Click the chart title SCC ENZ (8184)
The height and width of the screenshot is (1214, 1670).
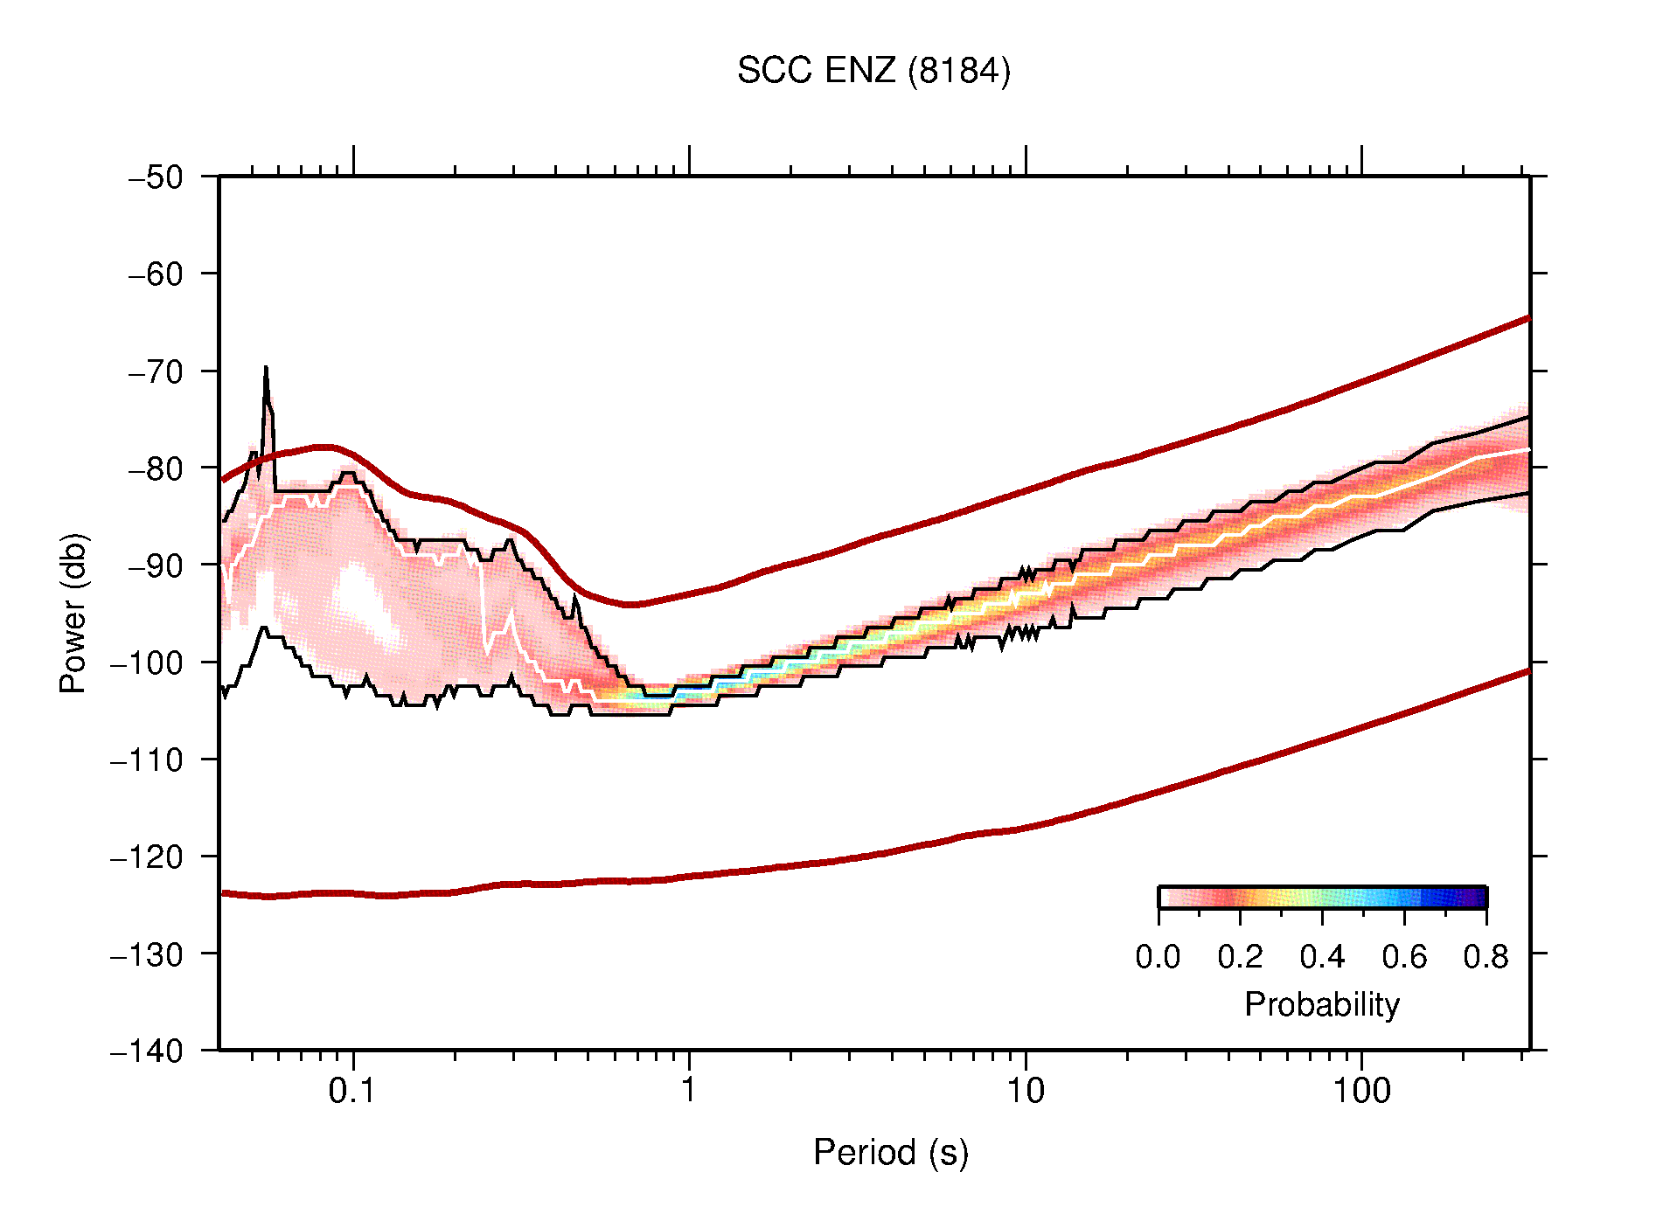(x=873, y=71)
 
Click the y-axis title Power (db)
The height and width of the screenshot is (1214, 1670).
(x=73, y=613)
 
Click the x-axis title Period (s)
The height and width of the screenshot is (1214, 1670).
(x=890, y=1152)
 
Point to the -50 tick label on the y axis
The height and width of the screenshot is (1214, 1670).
(x=156, y=177)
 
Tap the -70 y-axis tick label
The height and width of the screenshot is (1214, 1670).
(x=156, y=371)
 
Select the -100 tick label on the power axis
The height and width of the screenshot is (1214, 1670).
(x=147, y=662)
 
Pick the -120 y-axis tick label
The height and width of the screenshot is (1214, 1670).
(x=147, y=857)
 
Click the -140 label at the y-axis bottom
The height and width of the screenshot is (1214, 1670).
(x=147, y=1051)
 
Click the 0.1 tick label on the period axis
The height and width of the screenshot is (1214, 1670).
(x=351, y=1090)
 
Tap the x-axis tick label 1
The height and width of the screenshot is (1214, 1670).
(x=689, y=1090)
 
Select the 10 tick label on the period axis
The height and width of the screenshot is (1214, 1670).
(x=1025, y=1090)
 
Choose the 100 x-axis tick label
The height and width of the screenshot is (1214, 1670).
(x=1361, y=1090)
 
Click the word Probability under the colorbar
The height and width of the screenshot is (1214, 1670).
(x=1321, y=1004)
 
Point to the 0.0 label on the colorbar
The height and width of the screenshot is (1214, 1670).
(x=1158, y=957)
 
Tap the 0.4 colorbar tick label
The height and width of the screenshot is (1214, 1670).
(x=1322, y=957)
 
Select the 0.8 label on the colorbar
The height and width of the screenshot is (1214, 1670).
(x=1486, y=957)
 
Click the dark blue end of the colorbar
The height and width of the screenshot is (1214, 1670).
(x=1478, y=898)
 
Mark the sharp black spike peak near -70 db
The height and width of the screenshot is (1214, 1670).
(x=266, y=369)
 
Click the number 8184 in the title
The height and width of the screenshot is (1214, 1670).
(x=959, y=71)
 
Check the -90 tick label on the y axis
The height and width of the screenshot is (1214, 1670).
(x=156, y=565)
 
